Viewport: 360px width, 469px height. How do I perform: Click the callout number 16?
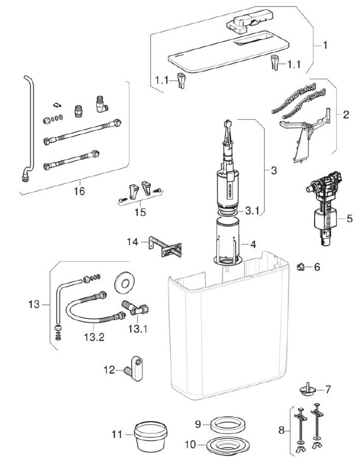coord(79,191)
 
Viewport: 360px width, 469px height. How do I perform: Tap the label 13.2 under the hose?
coord(94,337)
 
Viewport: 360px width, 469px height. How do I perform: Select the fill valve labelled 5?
coord(324,208)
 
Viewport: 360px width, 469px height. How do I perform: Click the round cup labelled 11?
coord(150,435)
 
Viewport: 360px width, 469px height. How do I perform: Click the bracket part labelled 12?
coord(135,368)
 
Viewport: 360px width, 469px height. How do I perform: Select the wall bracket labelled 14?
coord(164,247)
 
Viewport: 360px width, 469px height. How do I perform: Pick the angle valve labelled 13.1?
coord(135,308)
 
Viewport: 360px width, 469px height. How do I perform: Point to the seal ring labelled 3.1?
coord(228,212)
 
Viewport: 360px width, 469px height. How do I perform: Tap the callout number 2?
coord(346,115)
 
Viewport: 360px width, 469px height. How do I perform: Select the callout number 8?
coord(281,430)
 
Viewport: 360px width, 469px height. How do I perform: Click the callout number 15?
coord(140,212)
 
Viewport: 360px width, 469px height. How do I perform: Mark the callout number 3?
coord(274,171)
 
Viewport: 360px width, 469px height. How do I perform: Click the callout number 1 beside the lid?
coord(325,45)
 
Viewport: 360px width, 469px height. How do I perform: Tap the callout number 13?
coord(34,304)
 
